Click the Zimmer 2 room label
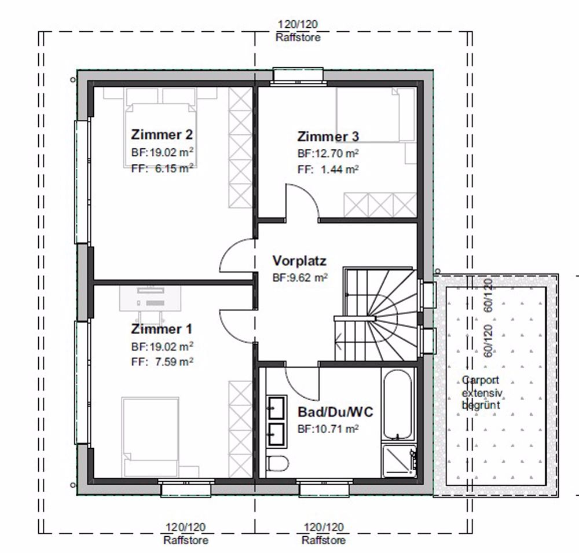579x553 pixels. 162,135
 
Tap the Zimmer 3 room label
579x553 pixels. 328,137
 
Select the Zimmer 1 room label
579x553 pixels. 162,329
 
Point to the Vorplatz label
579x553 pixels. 299,261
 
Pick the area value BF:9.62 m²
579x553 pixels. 300,277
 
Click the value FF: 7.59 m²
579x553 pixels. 162,362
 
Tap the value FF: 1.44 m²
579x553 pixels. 328,169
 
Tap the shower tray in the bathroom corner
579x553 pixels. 398,461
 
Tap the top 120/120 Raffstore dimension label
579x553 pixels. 298,31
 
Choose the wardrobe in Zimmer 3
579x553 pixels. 380,204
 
